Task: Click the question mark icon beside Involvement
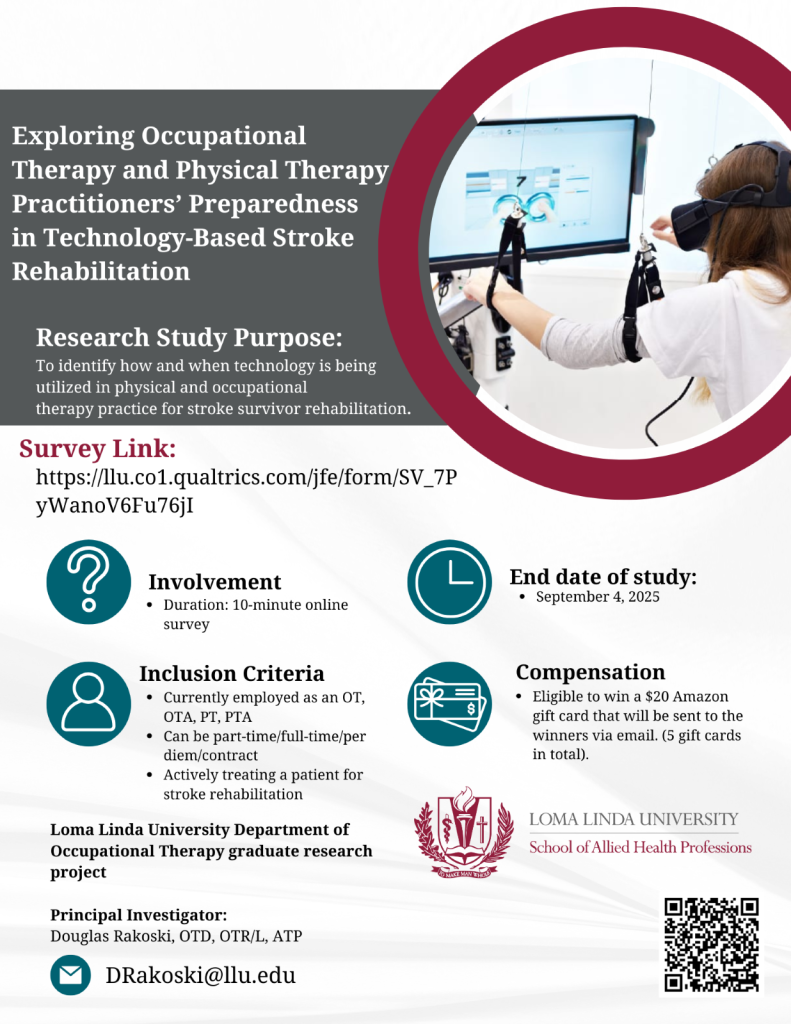89,581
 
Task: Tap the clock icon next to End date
449,581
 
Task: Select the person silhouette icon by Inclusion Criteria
89,704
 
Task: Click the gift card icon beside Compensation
449,704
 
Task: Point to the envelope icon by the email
71,975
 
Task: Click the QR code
711,944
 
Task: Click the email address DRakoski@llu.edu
201,975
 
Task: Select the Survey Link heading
97,449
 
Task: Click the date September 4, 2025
598,597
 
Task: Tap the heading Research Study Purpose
189,338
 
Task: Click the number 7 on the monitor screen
521,182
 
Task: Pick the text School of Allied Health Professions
640,847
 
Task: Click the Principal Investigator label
138,915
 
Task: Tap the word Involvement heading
215,582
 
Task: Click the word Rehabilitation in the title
101,271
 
